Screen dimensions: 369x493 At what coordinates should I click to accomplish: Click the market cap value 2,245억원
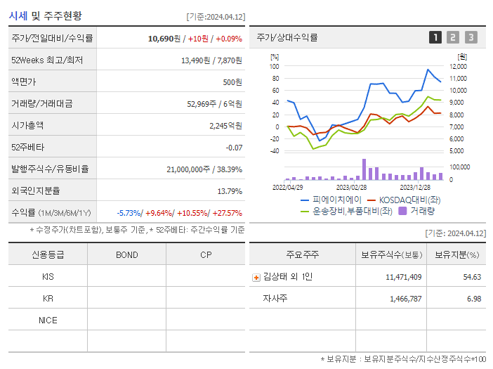(225, 126)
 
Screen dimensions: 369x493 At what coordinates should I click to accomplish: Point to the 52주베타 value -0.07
(234, 148)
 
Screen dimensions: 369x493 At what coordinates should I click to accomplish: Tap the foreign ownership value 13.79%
(230, 191)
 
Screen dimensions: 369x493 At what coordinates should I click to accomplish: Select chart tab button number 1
(435, 38)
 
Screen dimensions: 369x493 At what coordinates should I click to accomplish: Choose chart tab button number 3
(471, 38)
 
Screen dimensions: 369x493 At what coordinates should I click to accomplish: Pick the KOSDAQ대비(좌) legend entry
(405, 200)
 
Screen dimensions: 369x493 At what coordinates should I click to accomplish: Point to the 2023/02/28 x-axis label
(351, 188)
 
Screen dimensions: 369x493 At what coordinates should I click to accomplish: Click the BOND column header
(126, 254)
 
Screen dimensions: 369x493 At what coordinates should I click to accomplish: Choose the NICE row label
(48, 321)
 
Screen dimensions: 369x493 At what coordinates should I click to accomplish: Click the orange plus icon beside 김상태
(256, 278)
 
